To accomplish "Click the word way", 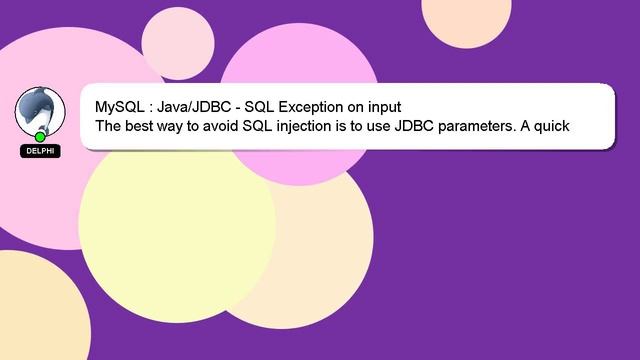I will click(179, 127).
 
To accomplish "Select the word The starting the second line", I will click(109, 127).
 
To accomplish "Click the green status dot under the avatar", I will click(40, 136).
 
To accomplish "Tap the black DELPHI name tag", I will click(40, 151).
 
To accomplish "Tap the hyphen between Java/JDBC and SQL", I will click(237, 107).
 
